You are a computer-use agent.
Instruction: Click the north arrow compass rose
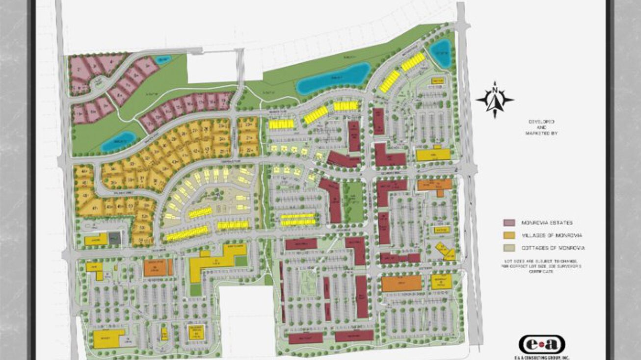[x=495, y=100]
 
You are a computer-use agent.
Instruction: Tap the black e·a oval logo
[x=541, y=344]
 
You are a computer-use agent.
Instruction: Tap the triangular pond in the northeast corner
[x=440, y=53]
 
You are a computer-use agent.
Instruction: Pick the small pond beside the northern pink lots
[x=162, y=60]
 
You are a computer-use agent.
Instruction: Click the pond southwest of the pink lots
[x=118, y=141]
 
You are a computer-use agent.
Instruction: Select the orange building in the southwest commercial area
[x=157, y=267]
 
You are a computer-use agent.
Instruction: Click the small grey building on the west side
[x=115, y=238]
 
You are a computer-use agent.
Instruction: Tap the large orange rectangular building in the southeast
[x=401, y=283]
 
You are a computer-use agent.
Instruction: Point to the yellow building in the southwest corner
[x=108, y=338]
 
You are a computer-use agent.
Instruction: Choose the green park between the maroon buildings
[x=353, y=201]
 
